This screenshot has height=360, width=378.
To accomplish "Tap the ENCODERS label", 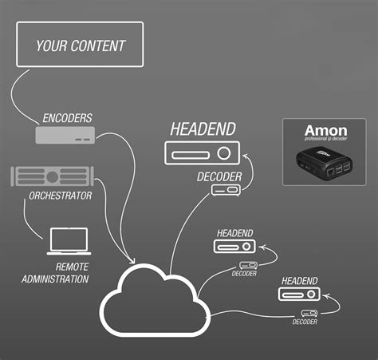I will (67, 118).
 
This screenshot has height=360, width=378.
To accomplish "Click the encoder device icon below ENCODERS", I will (65, 136).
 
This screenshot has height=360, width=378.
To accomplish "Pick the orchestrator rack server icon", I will (53, 176).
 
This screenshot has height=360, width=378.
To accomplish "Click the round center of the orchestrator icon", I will (53, 176).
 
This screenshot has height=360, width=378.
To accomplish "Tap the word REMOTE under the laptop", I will (72, 267).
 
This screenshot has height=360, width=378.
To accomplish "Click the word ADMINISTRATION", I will (55, 279).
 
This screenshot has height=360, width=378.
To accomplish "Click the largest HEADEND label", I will (203, 129).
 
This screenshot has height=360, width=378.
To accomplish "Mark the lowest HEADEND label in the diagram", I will (300, 281).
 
